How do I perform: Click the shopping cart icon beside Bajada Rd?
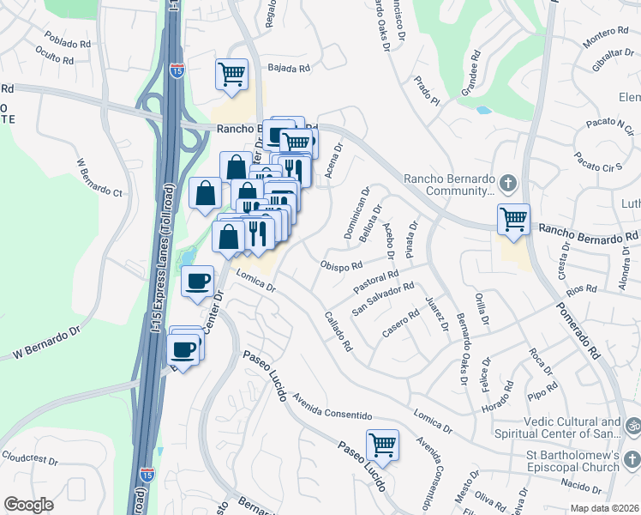coord(231,75)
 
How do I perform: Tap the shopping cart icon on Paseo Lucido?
coord(382,445)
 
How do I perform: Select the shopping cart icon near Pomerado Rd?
coord(513,219)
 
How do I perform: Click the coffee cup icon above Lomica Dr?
coord(198,281)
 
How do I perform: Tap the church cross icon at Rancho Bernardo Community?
coord(507,183)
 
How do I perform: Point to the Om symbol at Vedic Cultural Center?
coord(633,424)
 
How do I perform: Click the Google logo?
coord(28,505)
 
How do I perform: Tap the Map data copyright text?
coord(603,508)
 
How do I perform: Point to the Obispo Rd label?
coord(342,264)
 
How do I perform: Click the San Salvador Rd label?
coord(384,298)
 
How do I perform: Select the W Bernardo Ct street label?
coord(100,179)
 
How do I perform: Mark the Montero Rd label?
coord(605,38)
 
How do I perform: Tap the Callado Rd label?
coord(338,331)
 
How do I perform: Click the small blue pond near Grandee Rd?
coord(483,110)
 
